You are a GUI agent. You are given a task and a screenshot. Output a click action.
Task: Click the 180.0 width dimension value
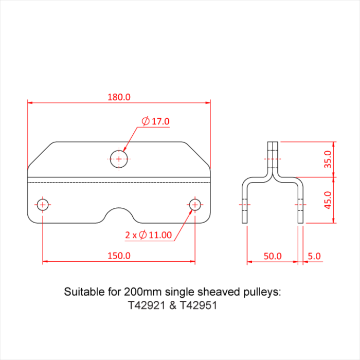coord(119,97)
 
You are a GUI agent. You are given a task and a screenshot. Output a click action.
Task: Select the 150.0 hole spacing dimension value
coord(119,256)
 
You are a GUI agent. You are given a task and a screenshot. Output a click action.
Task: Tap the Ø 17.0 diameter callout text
coord(156,121)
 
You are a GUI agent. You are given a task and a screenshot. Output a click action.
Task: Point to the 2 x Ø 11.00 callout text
coord(148,235)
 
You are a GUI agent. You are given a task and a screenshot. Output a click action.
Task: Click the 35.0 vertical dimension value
coord(342,159)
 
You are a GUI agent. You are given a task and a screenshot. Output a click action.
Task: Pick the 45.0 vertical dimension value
coord(342,200)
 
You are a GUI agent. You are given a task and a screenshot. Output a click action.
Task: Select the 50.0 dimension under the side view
coord(273,256)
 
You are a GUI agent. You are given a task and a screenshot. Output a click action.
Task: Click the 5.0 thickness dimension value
coord(314,256)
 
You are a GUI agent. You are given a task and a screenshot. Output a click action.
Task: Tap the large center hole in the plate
coord(119,159)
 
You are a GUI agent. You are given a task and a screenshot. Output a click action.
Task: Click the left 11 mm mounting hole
coord(43,205)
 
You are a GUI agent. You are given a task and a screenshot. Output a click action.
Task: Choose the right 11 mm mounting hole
coord(195,205)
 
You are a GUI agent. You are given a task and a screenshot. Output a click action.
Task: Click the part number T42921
coord(147,305)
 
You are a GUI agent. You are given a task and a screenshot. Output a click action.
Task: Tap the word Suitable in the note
coord(82,292)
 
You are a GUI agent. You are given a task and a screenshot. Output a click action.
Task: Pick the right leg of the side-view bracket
coord(301,203)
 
